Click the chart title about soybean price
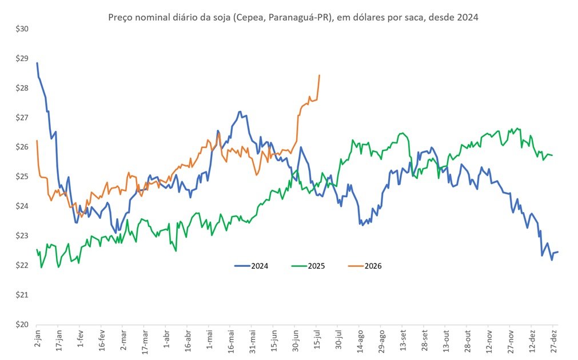pos(293,17)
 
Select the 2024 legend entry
pos(252,266)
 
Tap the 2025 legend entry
pos(308,266)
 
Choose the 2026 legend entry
pos(365,266)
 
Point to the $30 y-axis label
pos(22,29)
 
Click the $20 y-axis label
pos(22,324)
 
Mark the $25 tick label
pos(22,177)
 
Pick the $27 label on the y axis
pos(22,118)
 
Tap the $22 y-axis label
pos(22,265)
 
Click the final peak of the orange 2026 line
pos(319,75)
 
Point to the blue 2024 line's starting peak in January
pos(37,63)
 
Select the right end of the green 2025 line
pos(552,155)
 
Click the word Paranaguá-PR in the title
pos(298,17)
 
